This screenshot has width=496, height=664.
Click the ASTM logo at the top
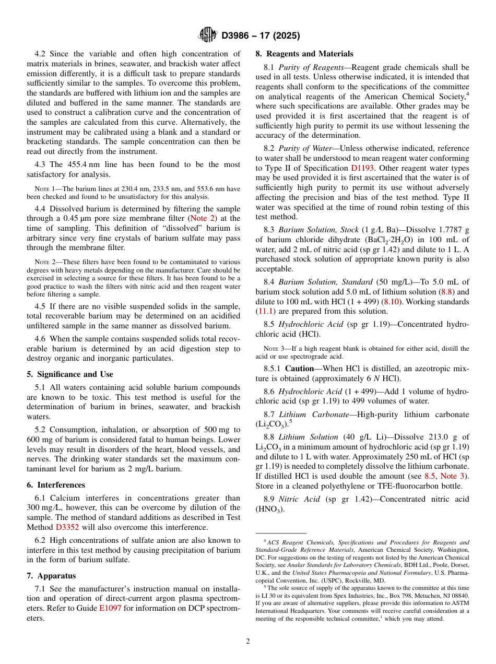208,35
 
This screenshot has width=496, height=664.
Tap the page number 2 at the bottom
248,641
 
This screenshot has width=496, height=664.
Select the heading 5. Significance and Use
70,374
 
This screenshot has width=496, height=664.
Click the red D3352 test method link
67,527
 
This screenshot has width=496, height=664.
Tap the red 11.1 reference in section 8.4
264,311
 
